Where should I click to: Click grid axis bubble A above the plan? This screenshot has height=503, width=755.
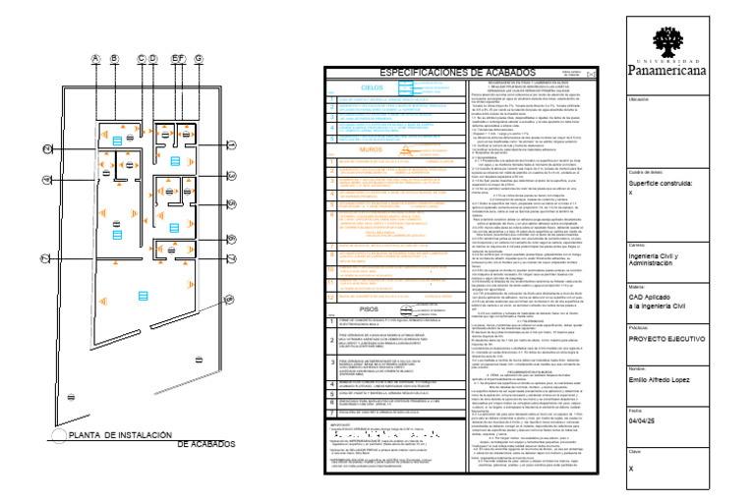tap(95, 59)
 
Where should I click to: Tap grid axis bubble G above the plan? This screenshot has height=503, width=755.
tap(199, 59)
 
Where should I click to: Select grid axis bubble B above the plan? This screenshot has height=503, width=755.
tap(114, 59)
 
